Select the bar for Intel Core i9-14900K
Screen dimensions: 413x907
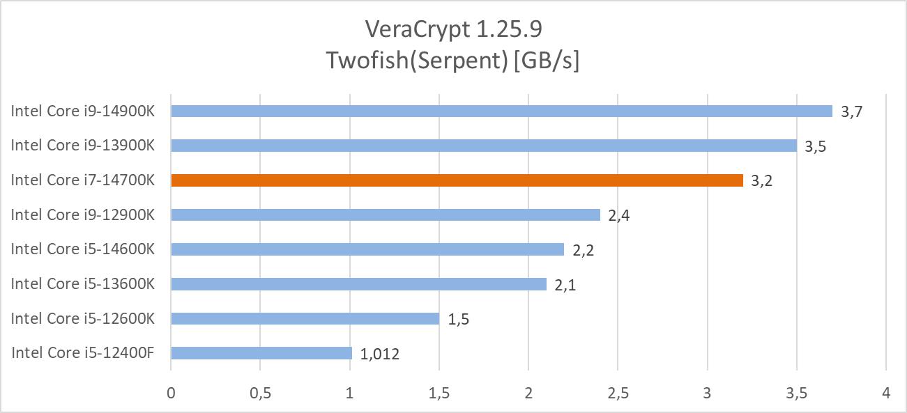[x=501, y=111]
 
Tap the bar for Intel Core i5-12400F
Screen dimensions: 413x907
[x=261, y=353]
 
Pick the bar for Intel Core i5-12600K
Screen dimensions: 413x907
[x=305, y=318]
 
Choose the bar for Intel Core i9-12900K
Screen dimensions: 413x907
[x=385, y=215]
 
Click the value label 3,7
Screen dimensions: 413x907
[x=853, y=111]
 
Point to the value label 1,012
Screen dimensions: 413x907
[x=380, y=354]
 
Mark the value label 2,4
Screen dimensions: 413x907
[x=620, y=216]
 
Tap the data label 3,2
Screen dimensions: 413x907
[x=763, y=181]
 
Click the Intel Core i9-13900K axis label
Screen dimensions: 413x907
[x=82, y=146]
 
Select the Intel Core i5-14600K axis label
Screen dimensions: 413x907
[x=82, y=249]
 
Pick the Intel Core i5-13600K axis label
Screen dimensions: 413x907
[x=82, y=283]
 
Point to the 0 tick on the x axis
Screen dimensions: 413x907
[x=171, y=393]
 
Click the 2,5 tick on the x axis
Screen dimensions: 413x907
[x=618, y=393]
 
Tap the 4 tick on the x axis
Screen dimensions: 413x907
[x=886, y=393]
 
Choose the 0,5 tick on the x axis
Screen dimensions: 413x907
[x=260, y=393]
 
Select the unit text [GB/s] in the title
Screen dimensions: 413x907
[x=547, y=61]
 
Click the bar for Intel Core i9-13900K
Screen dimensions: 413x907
[x=483, y=146]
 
